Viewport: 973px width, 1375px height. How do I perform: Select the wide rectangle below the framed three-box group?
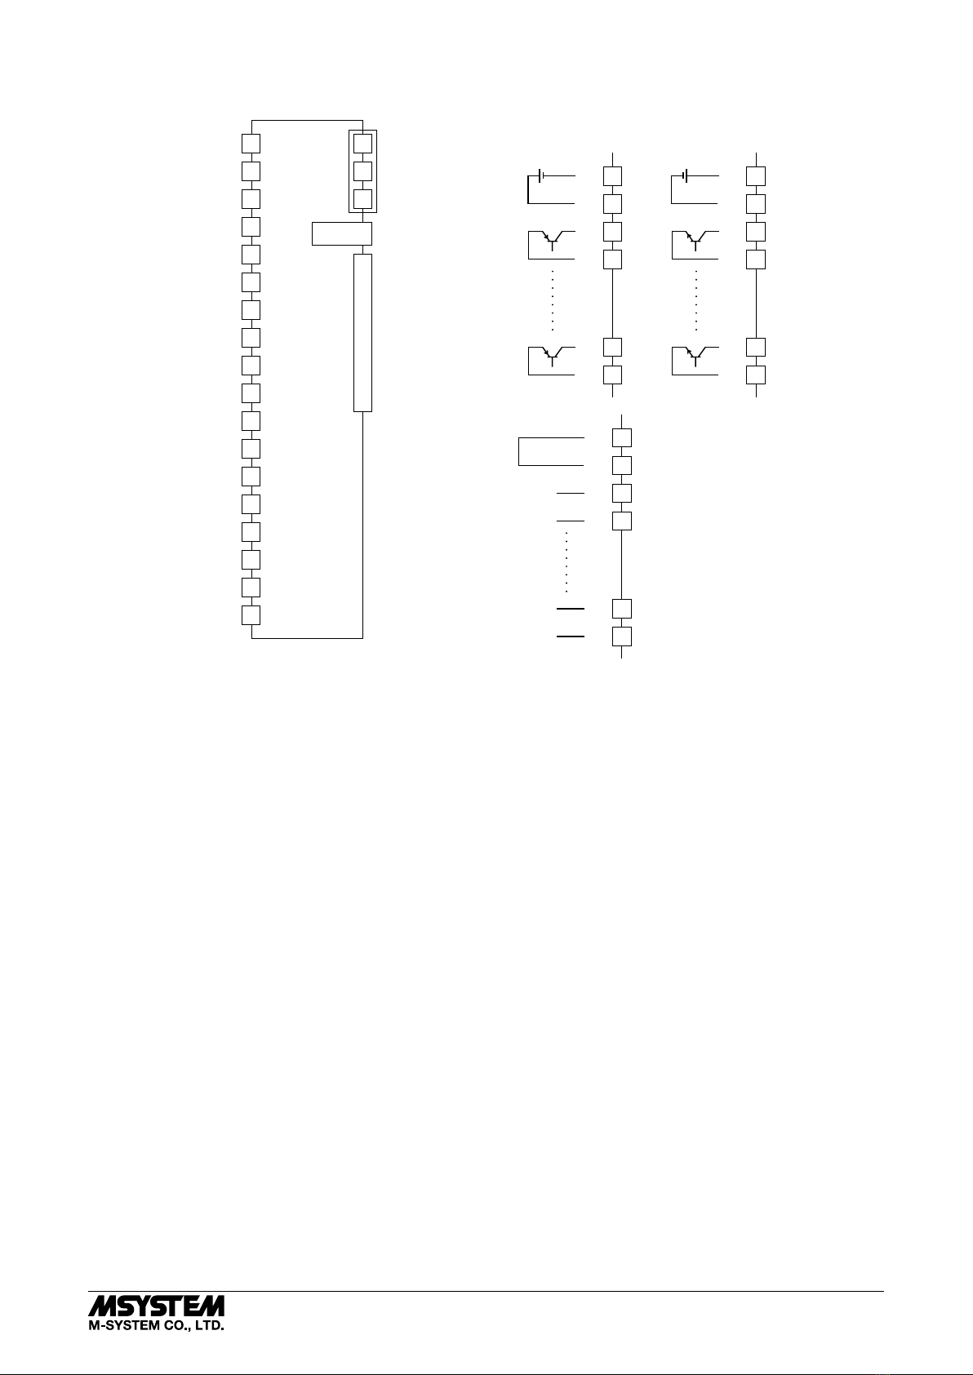pos(342,234)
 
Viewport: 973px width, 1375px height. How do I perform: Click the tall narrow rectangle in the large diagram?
pos(362,333)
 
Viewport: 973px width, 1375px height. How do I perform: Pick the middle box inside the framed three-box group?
pos(362,171)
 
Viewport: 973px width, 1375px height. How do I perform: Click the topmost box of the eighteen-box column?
pos(251,144)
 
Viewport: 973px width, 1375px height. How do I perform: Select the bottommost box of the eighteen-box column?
pos(251,615)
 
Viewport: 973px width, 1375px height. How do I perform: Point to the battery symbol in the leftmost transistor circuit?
pos(541,175)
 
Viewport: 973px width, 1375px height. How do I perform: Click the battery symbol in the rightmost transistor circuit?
pos(685,175)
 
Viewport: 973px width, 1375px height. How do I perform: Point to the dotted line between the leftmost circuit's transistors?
pos(553,300)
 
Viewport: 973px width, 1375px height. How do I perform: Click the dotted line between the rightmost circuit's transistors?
pos(696,300)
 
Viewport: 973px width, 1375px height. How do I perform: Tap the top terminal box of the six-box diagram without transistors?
pos(622,437)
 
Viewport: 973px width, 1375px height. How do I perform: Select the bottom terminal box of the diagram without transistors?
pos(622,636)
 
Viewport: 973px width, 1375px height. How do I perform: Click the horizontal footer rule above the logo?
pos(486,1292)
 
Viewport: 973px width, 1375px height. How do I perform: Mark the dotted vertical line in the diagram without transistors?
pos(566,562)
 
